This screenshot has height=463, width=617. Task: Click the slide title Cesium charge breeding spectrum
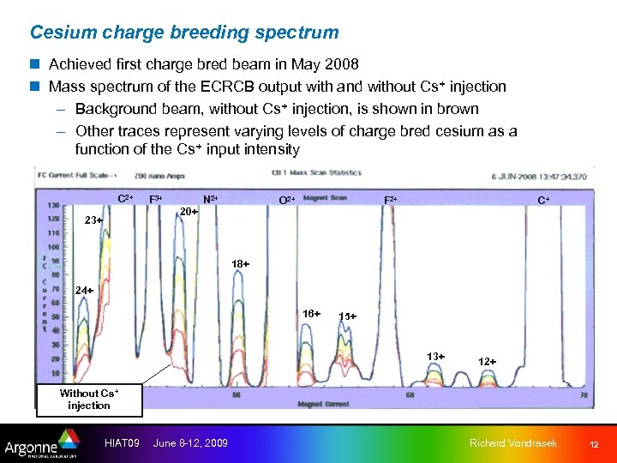point(184,33)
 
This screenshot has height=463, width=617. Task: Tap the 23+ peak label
point(93,220)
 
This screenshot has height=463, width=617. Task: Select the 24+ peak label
point(84,290)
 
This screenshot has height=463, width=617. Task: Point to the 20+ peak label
point(188,211)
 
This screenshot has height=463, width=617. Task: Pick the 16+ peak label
point(311,314)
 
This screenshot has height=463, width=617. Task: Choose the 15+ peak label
point(347,316)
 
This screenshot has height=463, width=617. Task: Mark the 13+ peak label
point(436,357)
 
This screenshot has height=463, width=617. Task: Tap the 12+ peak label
point(487,362)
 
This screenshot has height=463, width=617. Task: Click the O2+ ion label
point(287,201)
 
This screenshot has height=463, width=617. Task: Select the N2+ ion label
point(210,199)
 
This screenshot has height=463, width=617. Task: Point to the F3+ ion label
point(157,199)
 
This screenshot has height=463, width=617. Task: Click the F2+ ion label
point(390,200)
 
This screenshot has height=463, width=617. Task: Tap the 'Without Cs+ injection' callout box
point(89,400)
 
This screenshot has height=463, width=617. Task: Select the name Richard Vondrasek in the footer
point(512,443)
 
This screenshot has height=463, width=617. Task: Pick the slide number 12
point(593,444)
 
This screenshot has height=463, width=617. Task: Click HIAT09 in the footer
point(121,443)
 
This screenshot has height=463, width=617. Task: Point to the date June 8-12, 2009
point(190,443)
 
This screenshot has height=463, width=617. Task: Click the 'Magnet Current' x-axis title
point(322,404)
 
